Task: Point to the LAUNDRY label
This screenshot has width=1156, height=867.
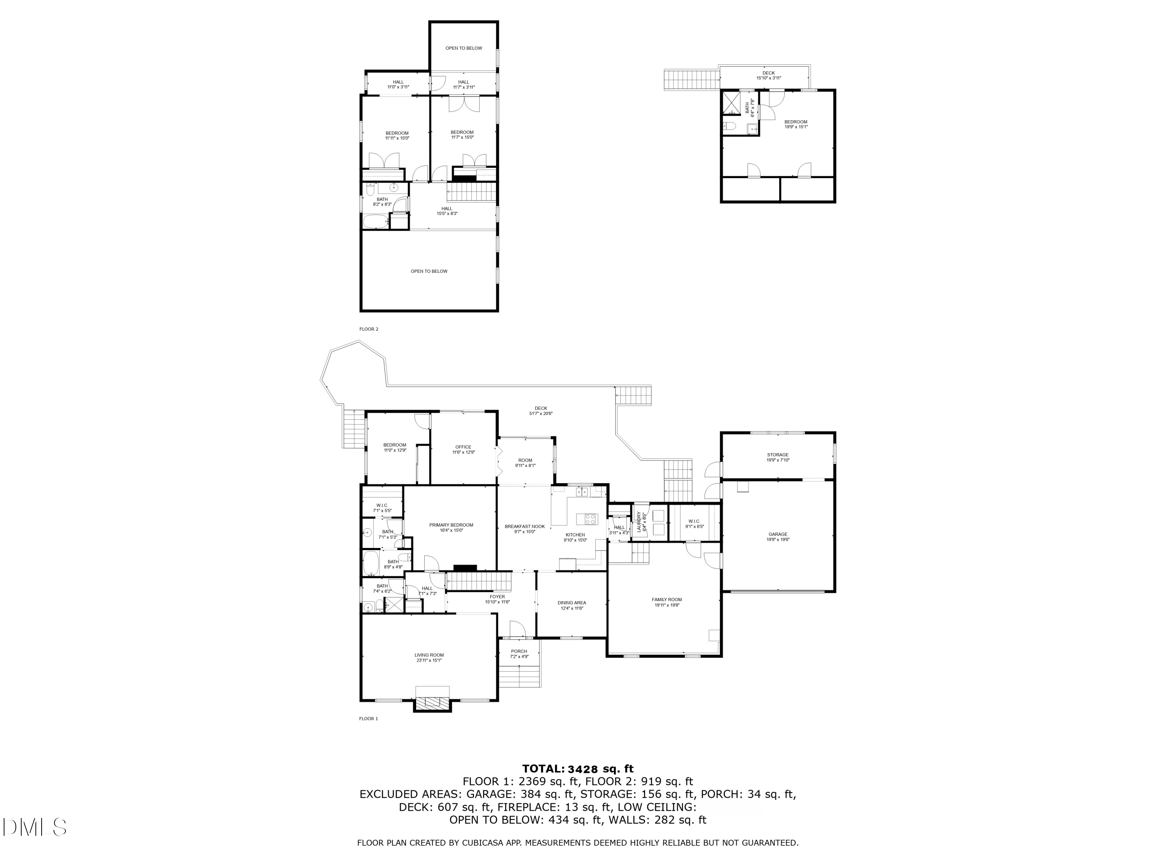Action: coord(638,522)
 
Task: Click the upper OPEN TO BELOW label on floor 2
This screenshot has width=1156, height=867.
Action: coord(464,48)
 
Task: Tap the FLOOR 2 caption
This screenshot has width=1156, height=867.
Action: coord(368,329)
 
